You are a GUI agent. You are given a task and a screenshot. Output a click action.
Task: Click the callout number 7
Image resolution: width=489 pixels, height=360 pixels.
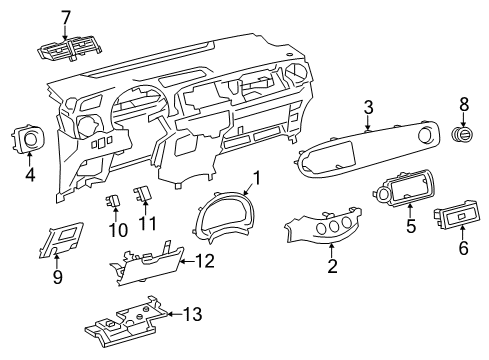[65, 18]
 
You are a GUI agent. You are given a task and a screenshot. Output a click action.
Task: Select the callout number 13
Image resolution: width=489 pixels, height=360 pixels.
[193, 314]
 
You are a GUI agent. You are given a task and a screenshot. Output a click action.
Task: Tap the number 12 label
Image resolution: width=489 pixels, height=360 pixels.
[205, 261]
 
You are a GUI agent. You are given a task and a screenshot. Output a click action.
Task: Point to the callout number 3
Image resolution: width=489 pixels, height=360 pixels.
[368, 108]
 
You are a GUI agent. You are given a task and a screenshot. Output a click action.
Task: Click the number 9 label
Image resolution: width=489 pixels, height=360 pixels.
[58, 277]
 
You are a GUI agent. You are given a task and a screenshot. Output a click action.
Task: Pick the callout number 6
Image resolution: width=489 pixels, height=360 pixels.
[463, 248]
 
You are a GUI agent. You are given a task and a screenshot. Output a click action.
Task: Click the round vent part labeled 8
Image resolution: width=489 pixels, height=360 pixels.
[463, 134]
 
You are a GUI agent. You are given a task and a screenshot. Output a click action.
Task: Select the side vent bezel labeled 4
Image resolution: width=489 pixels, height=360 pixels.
[29, 139]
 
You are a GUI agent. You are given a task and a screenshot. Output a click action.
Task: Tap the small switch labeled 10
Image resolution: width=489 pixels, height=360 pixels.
[112, 200]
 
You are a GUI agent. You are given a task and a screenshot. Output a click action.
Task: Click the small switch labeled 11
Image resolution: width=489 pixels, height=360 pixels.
[143, 194]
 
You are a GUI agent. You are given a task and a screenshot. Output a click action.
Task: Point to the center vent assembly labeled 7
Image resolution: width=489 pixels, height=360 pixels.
[69, 50]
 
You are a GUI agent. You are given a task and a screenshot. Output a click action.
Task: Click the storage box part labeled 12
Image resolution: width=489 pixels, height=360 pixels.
[147, 265]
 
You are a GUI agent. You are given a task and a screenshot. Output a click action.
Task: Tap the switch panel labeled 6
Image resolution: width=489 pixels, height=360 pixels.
[457, 215]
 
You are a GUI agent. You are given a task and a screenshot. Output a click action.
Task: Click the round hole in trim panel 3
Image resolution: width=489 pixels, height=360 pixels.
[426, 134]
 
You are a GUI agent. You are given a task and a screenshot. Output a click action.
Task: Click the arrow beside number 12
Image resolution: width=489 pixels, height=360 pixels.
[187, 262]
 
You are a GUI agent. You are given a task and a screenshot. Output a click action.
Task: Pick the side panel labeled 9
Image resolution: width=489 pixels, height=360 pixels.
[60, 240]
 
